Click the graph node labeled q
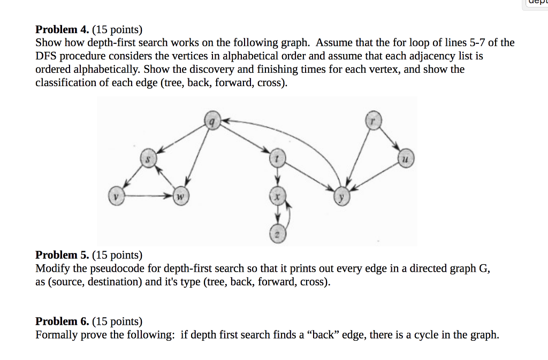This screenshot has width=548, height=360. pyautogui.click(x=211, y=122)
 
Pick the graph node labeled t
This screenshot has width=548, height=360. pyautogui.click(x=277, y=158)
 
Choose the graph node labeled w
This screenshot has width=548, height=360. pyautogui.click(x=181, y=196)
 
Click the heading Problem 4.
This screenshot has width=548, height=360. pyautogui.click(x=62, y=29)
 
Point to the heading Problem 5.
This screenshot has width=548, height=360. pyautogui.click(x=62, y=255)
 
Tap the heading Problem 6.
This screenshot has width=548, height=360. pyautogui.click(x=62, y=321)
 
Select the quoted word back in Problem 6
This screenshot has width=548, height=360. pyautogui.click(x=323, y=335)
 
